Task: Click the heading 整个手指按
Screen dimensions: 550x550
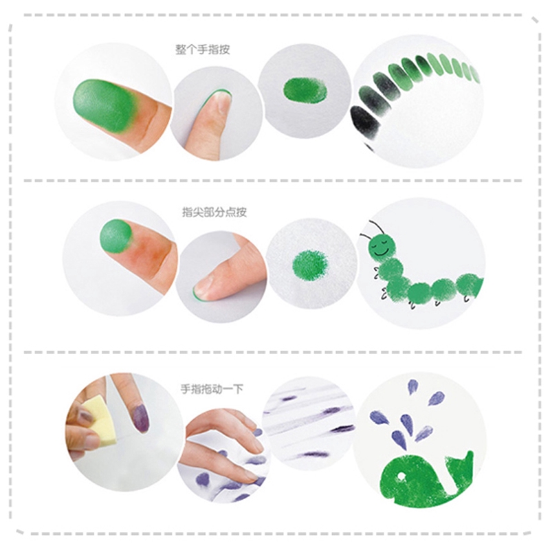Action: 203,49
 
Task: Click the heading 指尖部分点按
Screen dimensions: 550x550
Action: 214,212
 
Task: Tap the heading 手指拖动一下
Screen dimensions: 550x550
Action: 212,389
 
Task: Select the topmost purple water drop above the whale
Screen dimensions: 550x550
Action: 412,387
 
